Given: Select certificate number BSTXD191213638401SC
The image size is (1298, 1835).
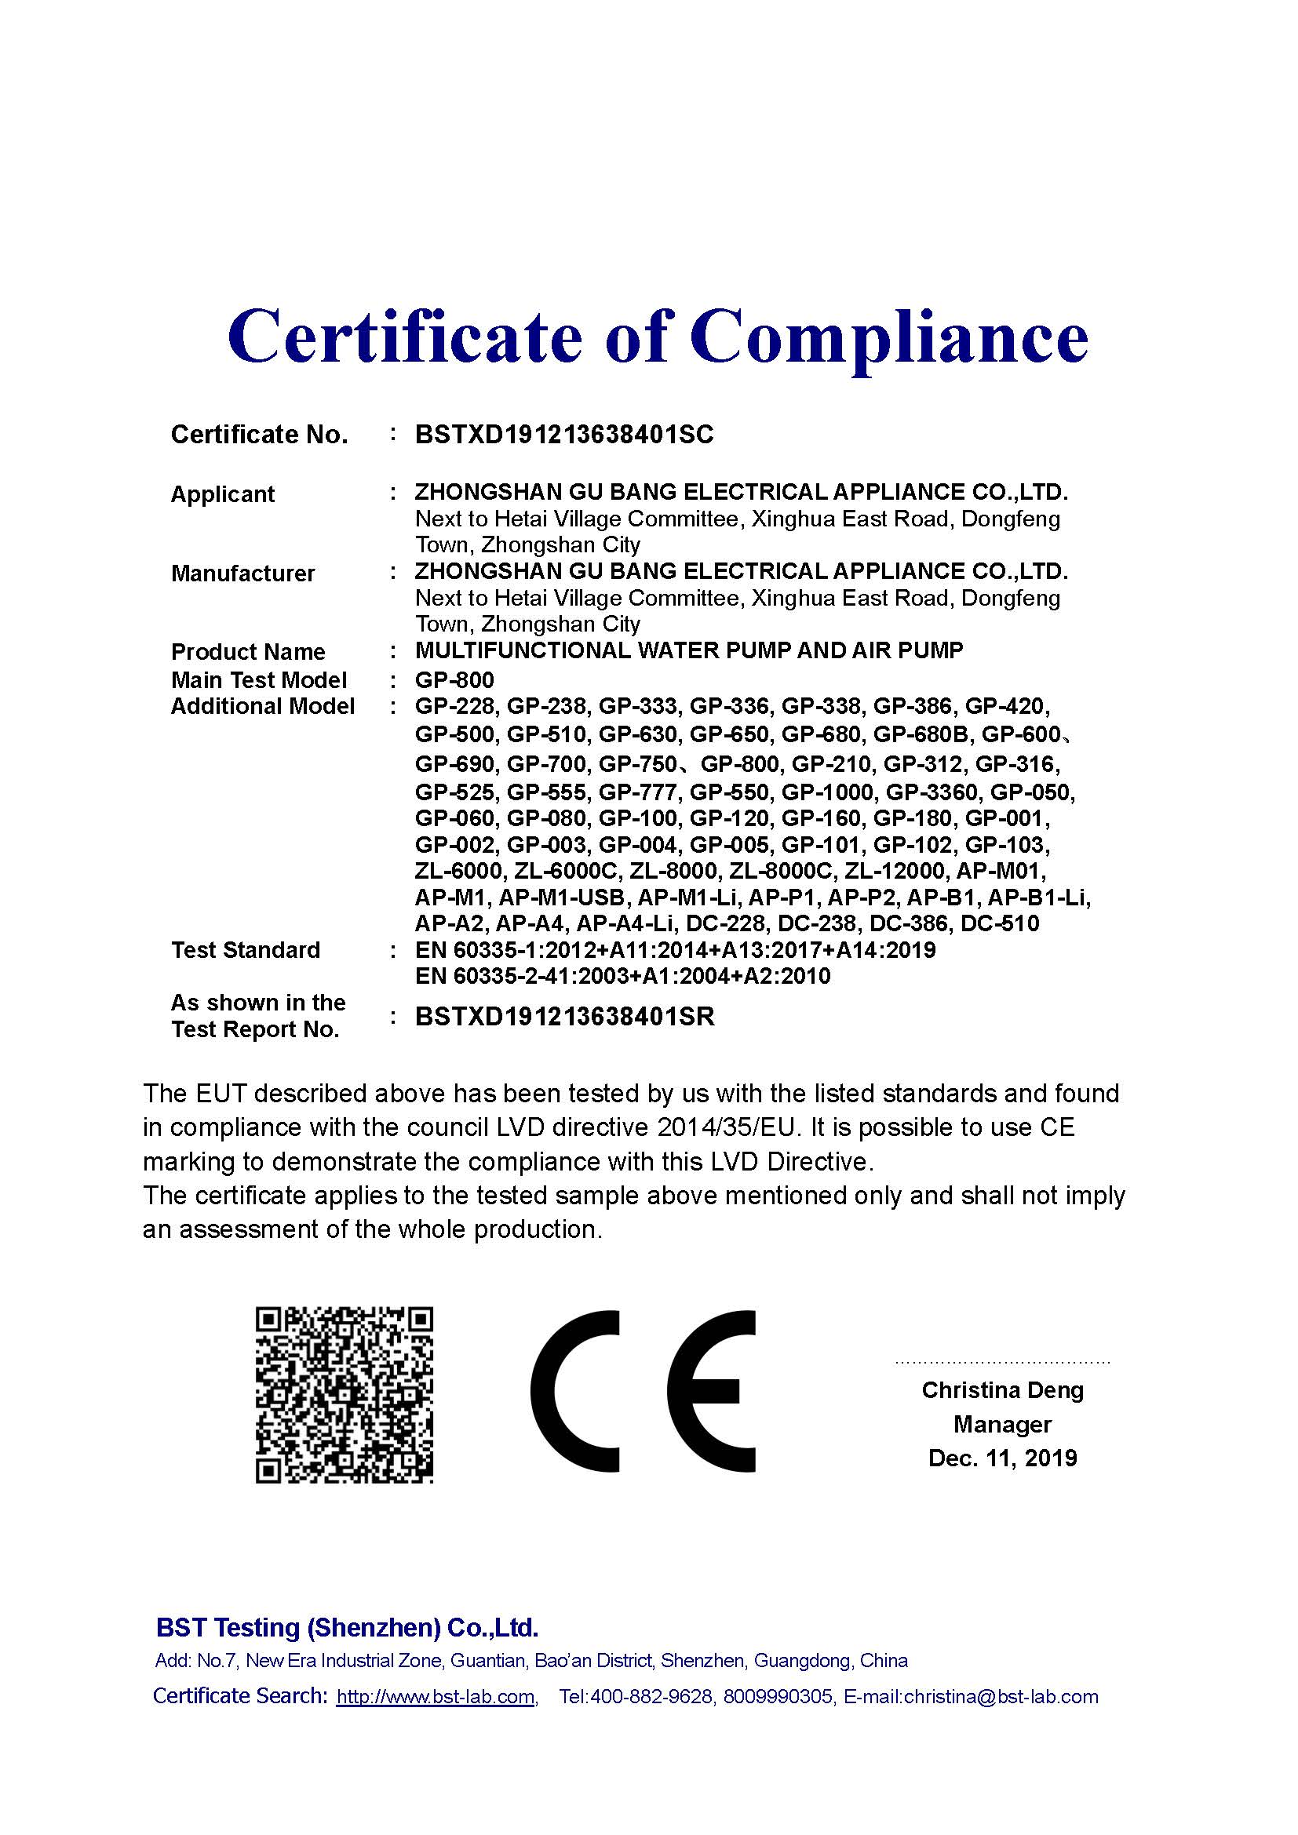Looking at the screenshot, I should [564, 435].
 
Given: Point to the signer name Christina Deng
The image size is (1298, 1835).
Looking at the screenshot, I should [1002, 1390].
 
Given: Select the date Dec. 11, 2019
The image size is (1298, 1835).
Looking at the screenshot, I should [1002, 1458].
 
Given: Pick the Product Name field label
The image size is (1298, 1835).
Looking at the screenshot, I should [248, 652].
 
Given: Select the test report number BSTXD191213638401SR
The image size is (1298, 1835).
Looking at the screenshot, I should [564, 1017].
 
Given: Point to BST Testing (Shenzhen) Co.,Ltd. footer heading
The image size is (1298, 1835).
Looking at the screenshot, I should [347, 1628].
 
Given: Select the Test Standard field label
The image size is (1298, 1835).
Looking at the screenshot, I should [246, 950].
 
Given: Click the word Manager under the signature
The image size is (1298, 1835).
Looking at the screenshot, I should [1002, 1424].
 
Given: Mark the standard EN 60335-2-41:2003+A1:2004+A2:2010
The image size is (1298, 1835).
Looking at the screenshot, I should [622, 976].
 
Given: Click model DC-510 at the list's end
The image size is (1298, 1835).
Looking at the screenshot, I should [1000, 924].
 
